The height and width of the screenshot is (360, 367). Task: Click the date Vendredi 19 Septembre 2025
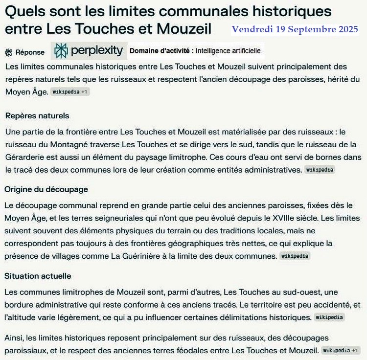pos(295,29)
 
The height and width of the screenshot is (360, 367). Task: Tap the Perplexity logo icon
pos(61,50)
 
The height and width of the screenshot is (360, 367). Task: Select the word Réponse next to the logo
pos(30,52)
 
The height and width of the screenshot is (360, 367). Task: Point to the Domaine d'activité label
pos(161,50)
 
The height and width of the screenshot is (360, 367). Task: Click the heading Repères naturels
pos(37,116)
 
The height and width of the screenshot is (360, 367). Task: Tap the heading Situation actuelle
pos(38,276)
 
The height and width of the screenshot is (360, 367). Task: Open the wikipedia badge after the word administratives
pos(320,170)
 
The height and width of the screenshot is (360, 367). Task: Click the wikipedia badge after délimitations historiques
pos(329,317)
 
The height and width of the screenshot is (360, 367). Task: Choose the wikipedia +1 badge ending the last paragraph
pos(342,350)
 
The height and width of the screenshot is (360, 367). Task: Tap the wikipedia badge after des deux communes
pos(295,256)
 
